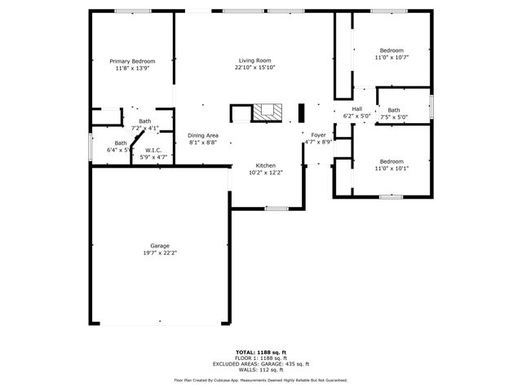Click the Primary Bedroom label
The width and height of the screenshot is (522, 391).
[x=132, y=61]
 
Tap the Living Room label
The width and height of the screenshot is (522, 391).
[x=254, y=61]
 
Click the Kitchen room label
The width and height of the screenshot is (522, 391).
[x=266, y=165]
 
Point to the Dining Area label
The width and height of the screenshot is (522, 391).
[x=202, y=135]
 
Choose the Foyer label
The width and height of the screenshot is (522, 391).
[x=318, y=135]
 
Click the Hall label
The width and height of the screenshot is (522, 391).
[x=356, y=109]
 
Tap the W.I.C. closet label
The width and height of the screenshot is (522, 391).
[x=153, y=150]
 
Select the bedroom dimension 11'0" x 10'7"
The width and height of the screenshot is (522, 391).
[x=391, y=58]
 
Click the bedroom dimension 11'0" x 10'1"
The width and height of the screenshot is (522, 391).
[x=391, y=168]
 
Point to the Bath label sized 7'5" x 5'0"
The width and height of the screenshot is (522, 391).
[x=394, y=110]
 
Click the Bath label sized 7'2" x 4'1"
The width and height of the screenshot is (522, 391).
[x=144, y=121]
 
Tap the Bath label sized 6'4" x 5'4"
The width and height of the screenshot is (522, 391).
[x=120, y=143]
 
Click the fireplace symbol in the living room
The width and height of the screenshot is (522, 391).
[x=266, y=112]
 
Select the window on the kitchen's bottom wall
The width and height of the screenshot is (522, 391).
[x=276, y=209]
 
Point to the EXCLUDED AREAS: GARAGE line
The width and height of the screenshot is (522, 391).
[x=260, y=363]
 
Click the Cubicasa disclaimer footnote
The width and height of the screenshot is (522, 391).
[x=260, y=380]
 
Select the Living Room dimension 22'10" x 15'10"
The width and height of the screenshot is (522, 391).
[x=254, y=68]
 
